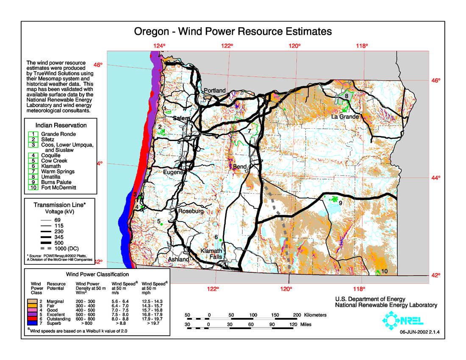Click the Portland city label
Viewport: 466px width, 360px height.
215,91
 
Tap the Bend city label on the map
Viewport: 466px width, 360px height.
240,167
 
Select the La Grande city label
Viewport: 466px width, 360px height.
345,116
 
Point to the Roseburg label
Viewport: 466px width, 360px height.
191,211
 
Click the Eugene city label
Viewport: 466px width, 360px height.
173,172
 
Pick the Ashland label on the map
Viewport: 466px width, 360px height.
179,259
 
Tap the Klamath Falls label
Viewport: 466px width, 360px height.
211,254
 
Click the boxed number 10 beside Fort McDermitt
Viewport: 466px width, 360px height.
33,187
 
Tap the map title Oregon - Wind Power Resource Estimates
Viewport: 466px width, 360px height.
233,32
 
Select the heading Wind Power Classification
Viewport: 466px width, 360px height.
97,274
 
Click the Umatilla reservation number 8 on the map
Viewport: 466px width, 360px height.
346,97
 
